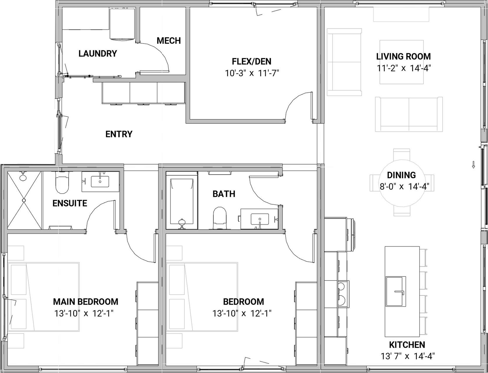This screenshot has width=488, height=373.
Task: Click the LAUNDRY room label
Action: (98, 53)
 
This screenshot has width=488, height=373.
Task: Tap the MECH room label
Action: (169, 40)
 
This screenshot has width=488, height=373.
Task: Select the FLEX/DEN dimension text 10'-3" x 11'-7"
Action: (252, 73)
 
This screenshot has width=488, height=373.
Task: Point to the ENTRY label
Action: (119, 134)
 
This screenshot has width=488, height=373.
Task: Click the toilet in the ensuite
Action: (62, 183)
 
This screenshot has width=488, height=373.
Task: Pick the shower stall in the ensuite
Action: (24, 200)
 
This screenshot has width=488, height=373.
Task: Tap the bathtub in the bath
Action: (182, 200)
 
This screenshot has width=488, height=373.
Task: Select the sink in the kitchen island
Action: (395, 291)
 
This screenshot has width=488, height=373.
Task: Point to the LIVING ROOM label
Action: (403, 56)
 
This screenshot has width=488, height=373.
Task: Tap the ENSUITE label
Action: (70, 203)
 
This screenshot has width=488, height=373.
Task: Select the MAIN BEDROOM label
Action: (86, 302)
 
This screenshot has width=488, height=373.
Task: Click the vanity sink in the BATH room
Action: (260, 219)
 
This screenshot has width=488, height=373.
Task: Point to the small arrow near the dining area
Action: (473, 165)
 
